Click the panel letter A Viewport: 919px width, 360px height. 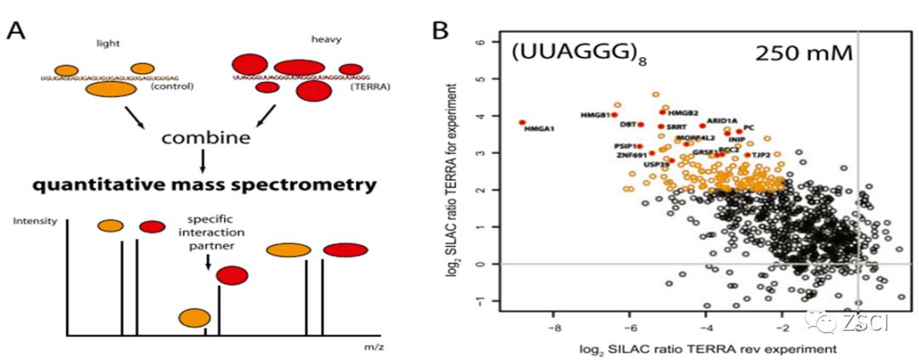(16, 32)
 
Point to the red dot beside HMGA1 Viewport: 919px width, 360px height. (522, 123)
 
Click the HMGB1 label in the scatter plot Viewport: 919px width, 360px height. (596, 115)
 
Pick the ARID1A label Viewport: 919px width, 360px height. (722, 121)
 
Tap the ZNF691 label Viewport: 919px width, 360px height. (631, 155)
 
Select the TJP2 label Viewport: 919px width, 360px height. (762, 156)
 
